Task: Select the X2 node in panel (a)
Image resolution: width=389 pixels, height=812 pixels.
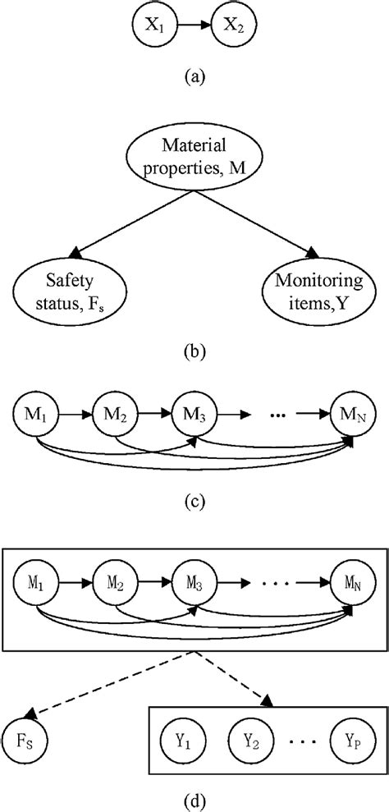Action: [234, 25]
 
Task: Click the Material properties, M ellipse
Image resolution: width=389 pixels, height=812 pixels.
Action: [194, 159]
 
